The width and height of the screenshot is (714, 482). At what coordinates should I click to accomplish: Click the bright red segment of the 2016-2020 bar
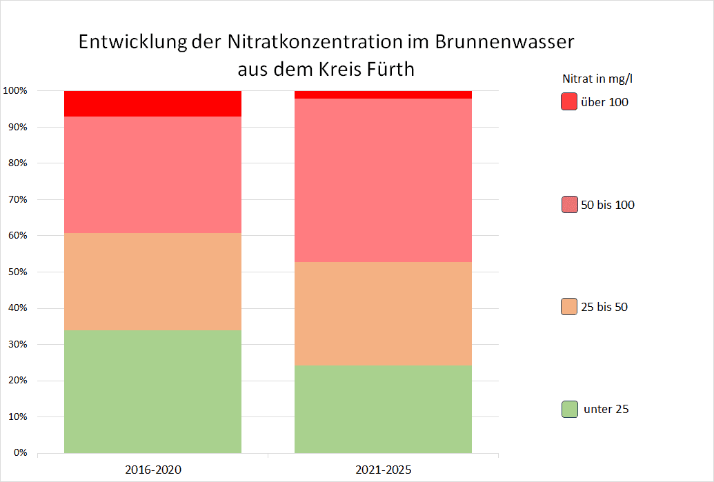pos(152,103)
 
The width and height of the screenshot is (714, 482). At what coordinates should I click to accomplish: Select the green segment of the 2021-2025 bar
pos(383,409)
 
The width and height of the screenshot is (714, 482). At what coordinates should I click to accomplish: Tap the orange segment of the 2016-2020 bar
pos(152,281)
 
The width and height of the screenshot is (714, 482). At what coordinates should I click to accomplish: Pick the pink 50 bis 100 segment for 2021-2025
pos(383,180)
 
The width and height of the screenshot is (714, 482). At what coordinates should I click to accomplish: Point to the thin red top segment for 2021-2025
pos(383,94)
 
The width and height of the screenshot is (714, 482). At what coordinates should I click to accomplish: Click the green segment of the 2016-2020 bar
pos(152,392)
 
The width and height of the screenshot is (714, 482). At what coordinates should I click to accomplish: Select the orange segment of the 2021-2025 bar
pos(383,313)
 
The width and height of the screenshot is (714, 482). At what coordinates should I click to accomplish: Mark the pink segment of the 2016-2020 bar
pos(152,174)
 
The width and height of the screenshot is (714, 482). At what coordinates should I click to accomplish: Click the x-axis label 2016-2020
pos(153,470)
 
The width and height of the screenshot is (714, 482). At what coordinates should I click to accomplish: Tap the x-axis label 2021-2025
pos(384,470)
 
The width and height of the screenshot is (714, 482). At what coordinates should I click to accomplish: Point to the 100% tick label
pos(14,91)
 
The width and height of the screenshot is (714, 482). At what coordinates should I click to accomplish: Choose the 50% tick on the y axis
pos(17,272)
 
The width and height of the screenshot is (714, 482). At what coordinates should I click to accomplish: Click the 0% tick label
pos(19,453)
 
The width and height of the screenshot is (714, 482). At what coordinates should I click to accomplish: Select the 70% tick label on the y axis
pos(17,199)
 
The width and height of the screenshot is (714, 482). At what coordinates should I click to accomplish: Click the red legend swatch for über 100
pos(569,101)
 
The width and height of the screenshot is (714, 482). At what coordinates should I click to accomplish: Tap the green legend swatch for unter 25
pos(569,409)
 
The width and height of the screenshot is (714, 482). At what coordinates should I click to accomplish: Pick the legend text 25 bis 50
pos(604,307)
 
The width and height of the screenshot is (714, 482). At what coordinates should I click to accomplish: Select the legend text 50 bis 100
pos(608,205)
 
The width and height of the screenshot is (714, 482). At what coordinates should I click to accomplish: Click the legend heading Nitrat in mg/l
pos(597,79)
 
